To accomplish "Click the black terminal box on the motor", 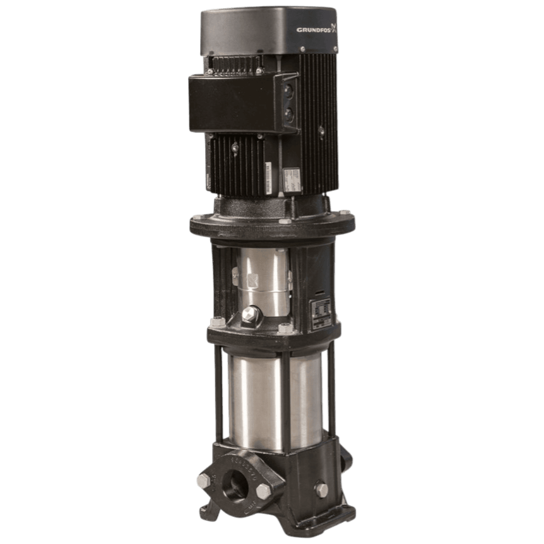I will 234,103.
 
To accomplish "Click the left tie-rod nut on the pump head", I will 215,322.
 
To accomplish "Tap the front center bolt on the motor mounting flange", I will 284,222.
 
